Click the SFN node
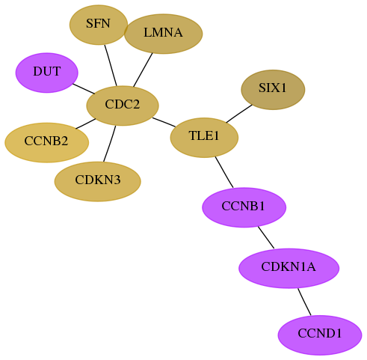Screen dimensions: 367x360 pyautogui.click(x=99, y=25)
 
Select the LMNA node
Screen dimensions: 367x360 pyautogui.click(x=163, y=34)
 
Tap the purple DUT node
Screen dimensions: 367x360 pyautogui.click(x=47, y=73)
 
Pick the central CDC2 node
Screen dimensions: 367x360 pyautogui.click(x=123, y=106)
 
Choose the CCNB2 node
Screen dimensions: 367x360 pyautogui.click(x=46, y=142)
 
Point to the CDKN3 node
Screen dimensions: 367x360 pyautogui.click(x=98, y=181)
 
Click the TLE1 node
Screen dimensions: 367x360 pyautogui.click(x=204, y=138)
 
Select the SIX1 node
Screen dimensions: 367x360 pyautogui.click(x=273, y=90)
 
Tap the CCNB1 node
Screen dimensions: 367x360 pyautogui.click(x=244, y=207)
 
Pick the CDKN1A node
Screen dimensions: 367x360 pyautogui.click(x=289, y=268)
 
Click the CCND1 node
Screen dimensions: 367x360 pyautogui.click(x=320, y=335)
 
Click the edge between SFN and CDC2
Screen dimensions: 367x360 pyautogui.click(x=111, y=65)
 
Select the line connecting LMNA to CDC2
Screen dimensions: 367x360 pyautogui.click(x=143, y=70)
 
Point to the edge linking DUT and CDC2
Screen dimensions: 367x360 pyautogui.click(x=84, y=89)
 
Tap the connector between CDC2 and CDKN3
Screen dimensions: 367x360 pyautogui.click(x=110, y=144)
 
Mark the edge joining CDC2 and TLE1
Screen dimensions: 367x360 pyautogui.click(x=164, y=122)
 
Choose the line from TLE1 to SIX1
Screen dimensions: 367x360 pyautogui.click(x=239, y=114)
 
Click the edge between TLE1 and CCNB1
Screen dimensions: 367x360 pyautogui.click(x=224, y=172)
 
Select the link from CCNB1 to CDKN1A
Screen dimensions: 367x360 pyautogui.click(x=266, y=237)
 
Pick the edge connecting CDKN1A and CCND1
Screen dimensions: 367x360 pyautogui.click(x=304, y=302)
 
